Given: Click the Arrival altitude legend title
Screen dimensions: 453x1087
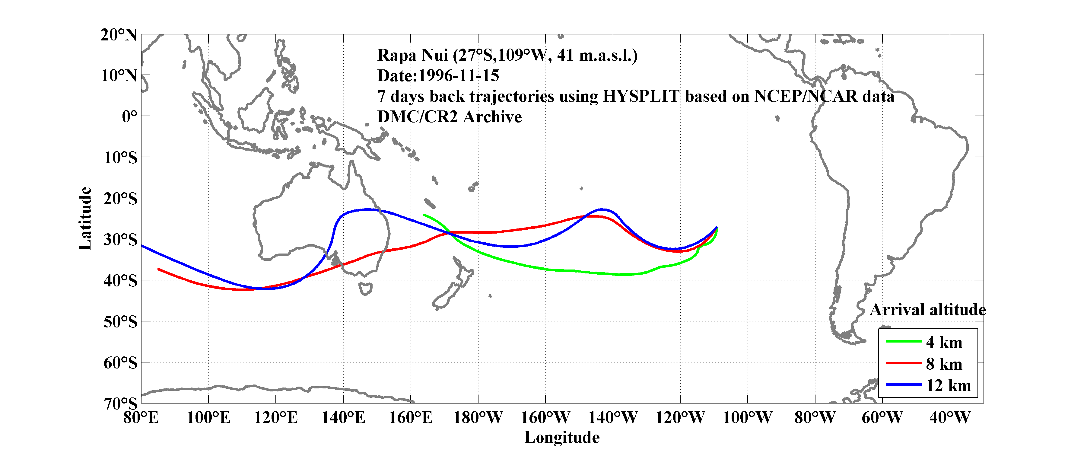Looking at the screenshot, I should click(x=927, y=310).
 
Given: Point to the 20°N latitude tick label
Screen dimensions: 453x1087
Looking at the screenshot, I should click(x=119, y=35).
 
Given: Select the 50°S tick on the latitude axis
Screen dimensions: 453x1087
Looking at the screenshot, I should click(x=120, y=322).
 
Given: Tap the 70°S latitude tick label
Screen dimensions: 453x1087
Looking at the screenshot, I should click(x=120, y=404).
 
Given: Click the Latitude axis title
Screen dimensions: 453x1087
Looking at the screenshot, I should click(x=85, y=218).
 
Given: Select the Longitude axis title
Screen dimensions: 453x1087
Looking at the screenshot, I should click(x=562, y=437).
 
